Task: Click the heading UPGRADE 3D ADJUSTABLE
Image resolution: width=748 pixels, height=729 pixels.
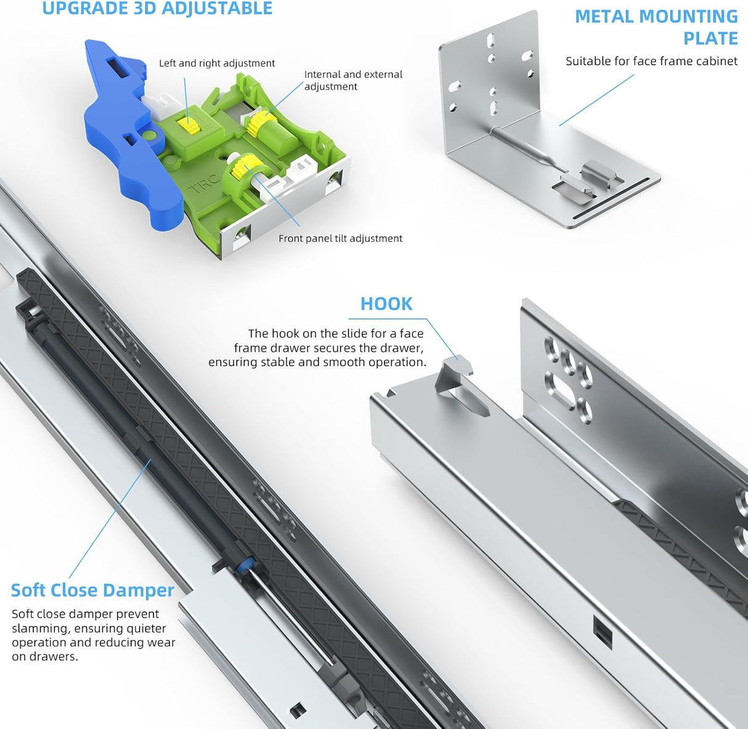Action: [x=157, y=9]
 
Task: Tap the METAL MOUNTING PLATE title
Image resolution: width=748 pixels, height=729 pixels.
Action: [x=656, y=27]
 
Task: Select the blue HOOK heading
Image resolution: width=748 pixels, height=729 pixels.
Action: [x=386, y=304]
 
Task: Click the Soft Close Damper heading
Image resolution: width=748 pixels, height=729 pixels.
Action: [x=92, y=590]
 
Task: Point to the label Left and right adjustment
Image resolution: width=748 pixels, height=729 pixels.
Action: [x=217, y=63]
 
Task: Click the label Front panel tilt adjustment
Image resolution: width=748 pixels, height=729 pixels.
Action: [x=340, y=238]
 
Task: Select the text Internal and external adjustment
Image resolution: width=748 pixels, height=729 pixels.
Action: [x=353, y=80]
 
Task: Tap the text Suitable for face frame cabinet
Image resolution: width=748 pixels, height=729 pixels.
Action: [x=651, y=61]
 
